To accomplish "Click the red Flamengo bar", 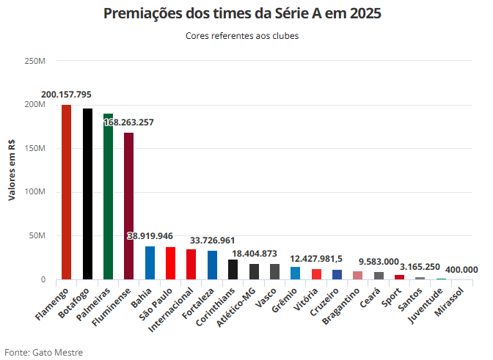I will (x=66, y=192).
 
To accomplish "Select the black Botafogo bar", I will (x=87, y=194).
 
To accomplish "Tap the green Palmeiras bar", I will (x=108, y=196).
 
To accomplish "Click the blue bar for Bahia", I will (x=150, y=263).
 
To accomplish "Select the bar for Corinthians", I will (x=233, y=270).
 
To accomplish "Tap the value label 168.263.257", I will (x=129, y=122).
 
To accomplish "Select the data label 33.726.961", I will (x=212, y=240).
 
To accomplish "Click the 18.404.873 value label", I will (x=254, y=254).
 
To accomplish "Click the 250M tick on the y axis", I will (x=35, y=60).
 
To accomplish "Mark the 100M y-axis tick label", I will (x=35, y=192).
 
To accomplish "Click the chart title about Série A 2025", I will (x=242, y=14).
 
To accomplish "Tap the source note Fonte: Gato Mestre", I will (x=44, y=353).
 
